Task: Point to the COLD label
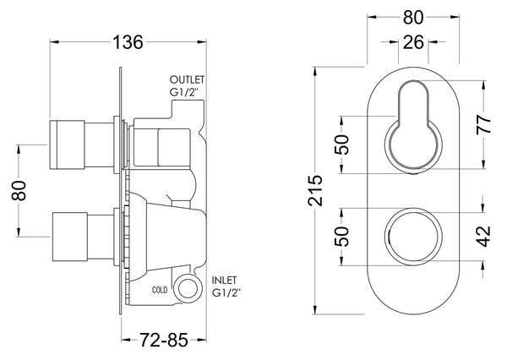coord(161,289)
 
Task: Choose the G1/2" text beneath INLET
coord(226,292)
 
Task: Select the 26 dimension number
coord(413,43)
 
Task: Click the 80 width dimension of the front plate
coord(413,17)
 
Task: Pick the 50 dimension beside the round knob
coord(341,235)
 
